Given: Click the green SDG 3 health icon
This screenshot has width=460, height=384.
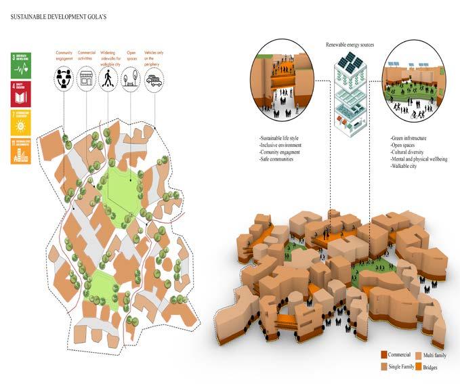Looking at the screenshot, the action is click(x=21, y=65).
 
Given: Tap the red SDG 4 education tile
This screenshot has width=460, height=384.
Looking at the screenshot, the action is click(x=21, y=93).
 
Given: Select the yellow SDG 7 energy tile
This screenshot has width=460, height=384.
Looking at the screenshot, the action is click(x=21, y=123).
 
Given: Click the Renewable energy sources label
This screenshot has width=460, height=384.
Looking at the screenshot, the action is click(x=349, y=45).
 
